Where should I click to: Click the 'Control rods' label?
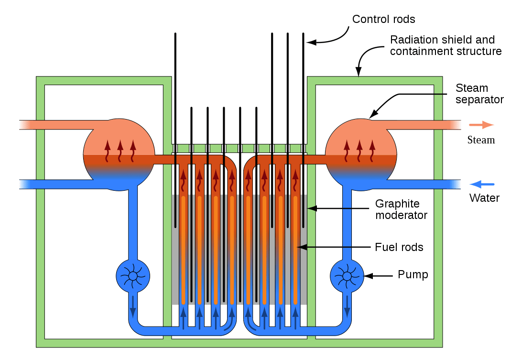(383, 19)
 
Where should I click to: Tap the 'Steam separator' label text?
(479, 94)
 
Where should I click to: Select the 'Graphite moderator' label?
(401, 209)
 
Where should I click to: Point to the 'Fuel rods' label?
(399, 247)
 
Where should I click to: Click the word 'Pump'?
(413, 275)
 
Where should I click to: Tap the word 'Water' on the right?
(484, 198)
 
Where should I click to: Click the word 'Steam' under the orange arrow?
(481, 140)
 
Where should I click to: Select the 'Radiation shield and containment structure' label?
(446, 45)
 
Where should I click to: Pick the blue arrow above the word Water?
(482, 184)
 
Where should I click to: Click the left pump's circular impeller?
(133, 275)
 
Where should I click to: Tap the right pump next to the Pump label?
(347, 276)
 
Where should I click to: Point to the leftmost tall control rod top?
(175, 35)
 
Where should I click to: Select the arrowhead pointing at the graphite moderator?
(311, 208)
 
